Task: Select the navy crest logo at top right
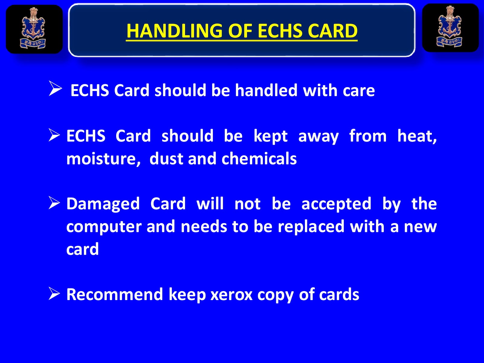point(450,28)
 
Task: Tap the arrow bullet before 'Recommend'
point(54,293)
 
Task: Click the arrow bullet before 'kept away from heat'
point(54,135)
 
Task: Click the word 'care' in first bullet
point(359,91)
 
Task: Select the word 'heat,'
point(417,136)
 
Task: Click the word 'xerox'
point(231,295)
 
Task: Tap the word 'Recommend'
point(114,294)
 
